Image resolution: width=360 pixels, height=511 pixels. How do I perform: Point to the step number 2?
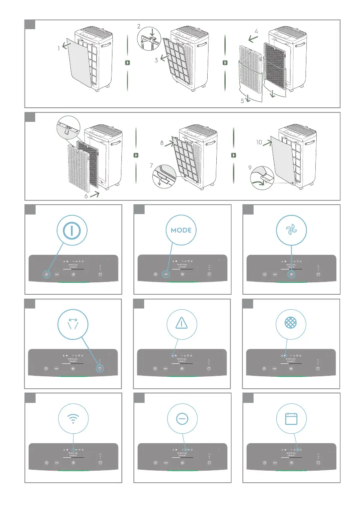(139, 27)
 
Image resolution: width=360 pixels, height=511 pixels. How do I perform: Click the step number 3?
(157, 60)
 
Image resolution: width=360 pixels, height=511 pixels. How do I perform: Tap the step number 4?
(256, 31)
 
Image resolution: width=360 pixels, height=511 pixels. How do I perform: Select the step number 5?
(242, 101)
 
